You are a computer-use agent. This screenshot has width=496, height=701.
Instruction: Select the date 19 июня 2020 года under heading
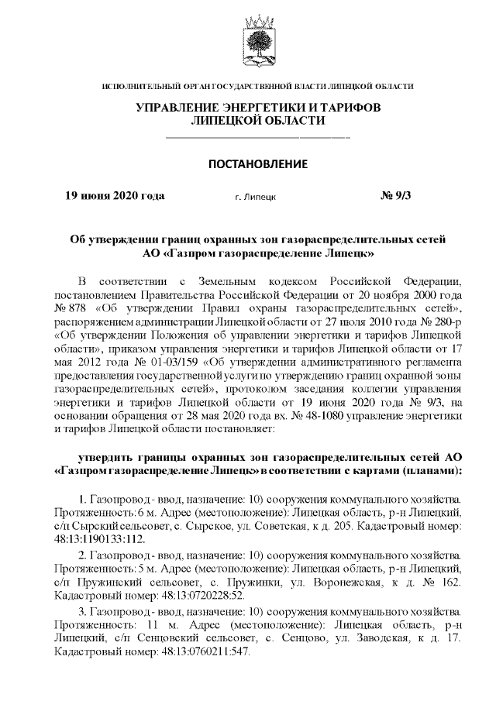point(114,196)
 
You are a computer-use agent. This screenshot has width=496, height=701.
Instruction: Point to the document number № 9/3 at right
point(396,196)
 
